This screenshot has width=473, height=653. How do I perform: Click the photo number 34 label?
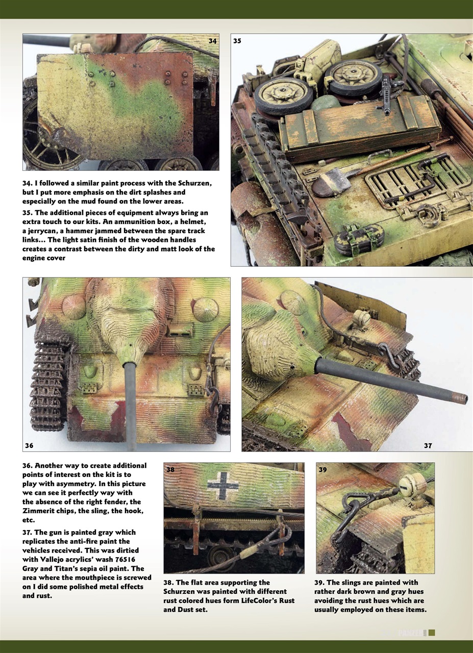pyautogui.click(x=213, y=40)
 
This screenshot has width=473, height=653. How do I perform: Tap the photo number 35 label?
pyautogui.click(x=237, y=40)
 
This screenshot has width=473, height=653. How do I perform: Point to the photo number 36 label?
pyautogui.click(x=29, y=445)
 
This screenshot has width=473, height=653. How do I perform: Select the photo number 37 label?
pyautogui.click(x=428, y=445)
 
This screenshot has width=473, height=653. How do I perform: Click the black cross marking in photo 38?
pyautogui.click(x=223, y=485)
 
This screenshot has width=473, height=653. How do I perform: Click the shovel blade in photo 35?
pyautogui.click(x=327, y=183)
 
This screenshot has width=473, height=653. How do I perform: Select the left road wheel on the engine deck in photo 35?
pyautogui.click(x=278, y=95)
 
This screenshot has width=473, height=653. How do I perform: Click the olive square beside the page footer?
pyautogui.click(x=432, y=633)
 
